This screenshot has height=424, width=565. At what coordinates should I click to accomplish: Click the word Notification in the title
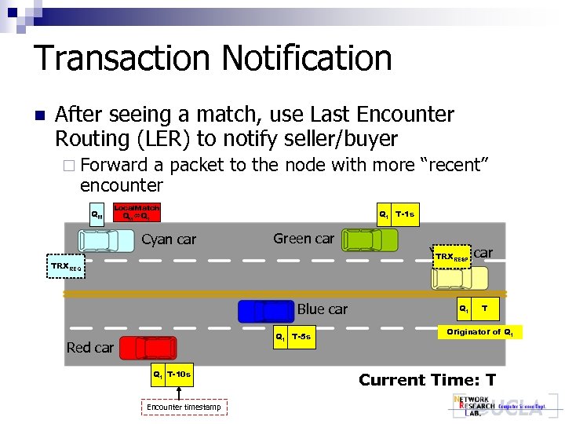(307, 58)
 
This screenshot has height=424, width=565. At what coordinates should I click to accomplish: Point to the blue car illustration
(266, 312)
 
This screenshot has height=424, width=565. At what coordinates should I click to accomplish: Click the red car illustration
(145, 346)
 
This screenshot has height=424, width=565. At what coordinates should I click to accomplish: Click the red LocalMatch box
(137, 213)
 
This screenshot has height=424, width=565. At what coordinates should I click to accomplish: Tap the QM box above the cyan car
(97, 214)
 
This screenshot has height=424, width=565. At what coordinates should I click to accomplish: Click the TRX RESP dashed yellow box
(452, 257)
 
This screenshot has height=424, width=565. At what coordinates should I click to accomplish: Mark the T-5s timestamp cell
(301, 338)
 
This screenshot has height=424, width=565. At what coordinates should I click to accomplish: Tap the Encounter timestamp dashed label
(186, 407)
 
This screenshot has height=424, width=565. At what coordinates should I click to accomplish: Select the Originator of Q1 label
(479, 333)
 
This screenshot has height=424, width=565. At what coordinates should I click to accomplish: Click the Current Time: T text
(427, 380)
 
